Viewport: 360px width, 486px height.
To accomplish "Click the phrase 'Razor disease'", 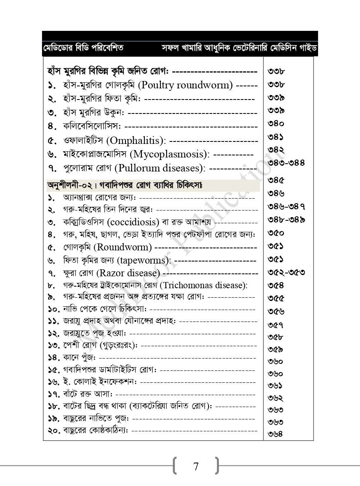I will click(x=129, y=273).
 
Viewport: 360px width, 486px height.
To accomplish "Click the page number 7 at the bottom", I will click(x=196, y=466).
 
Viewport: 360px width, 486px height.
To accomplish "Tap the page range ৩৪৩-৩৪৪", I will click(x=286, y=163).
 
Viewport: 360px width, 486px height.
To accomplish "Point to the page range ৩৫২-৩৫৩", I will click(x=286, y=272).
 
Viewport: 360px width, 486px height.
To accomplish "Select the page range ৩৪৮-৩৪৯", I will click(x=286, y=219).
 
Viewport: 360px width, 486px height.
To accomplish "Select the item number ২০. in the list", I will click(x=54, y=430).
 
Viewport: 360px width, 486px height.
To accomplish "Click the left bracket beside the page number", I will click(x=176, y=465).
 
